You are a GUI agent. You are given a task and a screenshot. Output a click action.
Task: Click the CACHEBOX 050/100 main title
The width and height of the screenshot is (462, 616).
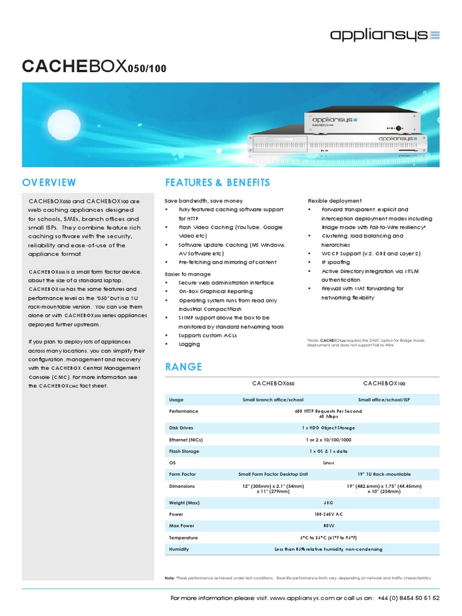coord(94,67)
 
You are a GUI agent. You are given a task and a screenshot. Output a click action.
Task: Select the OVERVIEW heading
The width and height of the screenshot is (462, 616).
coord(49,182)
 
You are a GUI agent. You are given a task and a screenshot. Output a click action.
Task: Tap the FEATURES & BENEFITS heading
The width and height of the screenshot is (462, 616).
coord(217,182)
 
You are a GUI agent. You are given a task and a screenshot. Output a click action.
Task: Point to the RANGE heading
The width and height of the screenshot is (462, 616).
coord(183,367)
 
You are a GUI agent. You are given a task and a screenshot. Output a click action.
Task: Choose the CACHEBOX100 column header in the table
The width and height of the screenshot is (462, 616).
coord(384,383)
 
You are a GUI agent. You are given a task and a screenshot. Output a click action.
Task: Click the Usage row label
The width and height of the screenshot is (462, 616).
coord(176,399)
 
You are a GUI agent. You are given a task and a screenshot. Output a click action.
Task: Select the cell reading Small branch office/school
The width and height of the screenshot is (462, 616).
coord(273,399)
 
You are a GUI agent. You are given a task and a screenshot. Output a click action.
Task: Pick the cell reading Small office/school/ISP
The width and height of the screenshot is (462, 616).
coord(384,399)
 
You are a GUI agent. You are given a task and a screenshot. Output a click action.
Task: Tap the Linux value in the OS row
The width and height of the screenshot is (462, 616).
coord(328,463)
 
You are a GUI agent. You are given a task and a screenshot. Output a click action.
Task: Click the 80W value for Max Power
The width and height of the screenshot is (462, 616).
coord(328,525)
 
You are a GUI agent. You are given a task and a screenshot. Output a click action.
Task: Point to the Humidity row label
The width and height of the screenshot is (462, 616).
coord(180,549)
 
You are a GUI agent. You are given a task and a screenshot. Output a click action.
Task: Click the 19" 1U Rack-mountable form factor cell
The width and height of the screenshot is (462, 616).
coord(384,474)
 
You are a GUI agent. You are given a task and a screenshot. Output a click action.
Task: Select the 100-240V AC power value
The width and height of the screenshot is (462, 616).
coord(328,514)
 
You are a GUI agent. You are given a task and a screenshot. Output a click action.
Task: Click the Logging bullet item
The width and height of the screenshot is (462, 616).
coord(189,344)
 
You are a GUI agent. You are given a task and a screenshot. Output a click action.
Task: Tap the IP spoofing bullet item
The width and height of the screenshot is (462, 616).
coord(336,263)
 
